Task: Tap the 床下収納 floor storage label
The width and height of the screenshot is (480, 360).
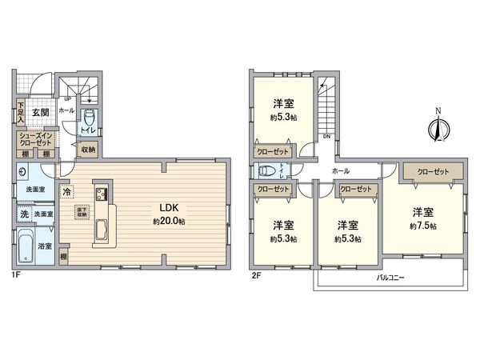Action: coord(82,212)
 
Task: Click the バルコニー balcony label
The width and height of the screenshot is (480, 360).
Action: coord(390,278)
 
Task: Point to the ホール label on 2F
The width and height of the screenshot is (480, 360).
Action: coord(339,171)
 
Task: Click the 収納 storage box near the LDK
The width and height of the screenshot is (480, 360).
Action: coord(87,150)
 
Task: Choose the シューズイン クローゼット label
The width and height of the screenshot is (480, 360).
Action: coord(36,138)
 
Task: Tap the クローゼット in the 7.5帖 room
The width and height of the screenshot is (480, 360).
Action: coord(431,172)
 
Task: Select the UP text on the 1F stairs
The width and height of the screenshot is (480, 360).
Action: coord(67,99)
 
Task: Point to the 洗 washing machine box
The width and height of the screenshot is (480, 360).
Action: coord(25,214)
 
